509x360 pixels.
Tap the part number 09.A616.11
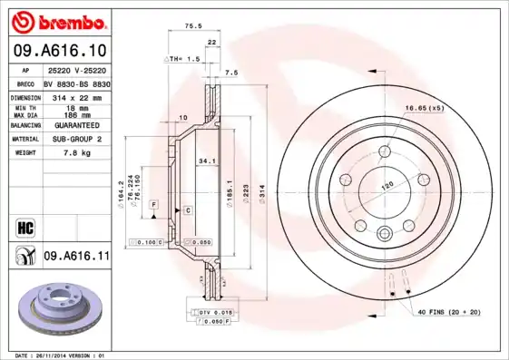[75, 258]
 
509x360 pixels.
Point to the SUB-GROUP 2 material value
[75, 139]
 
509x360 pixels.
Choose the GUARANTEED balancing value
[75, 124]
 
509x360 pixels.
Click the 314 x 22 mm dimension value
[75, 96]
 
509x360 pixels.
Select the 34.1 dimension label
[206, 161]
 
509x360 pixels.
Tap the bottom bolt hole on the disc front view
[384, 230]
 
